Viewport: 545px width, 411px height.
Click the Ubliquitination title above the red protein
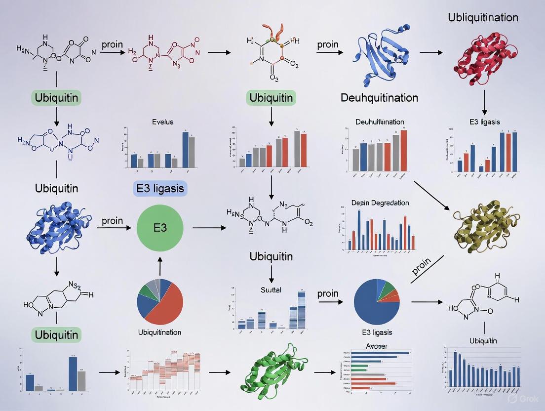click(x=483, y=18)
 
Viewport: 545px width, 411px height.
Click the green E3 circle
click(x=160, y=228)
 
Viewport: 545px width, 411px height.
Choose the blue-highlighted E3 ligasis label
click(x=159, y=188)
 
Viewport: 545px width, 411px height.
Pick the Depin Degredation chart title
click(x=380, y=203)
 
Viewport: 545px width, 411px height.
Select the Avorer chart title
click(x=376, y=346)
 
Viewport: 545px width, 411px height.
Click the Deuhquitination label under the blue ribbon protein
click(x=379, y=97)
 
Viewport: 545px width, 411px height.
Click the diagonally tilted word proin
click(x=421, y=267)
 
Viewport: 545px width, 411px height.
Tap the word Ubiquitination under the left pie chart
click(x=159, y=332)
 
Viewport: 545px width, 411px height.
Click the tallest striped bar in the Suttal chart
click(x=301, y=309)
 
